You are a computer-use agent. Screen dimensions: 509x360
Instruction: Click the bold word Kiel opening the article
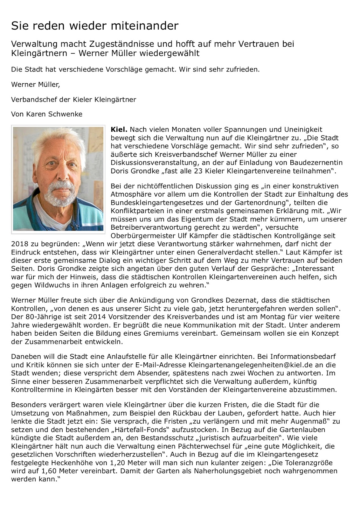(x=119, y=129)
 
